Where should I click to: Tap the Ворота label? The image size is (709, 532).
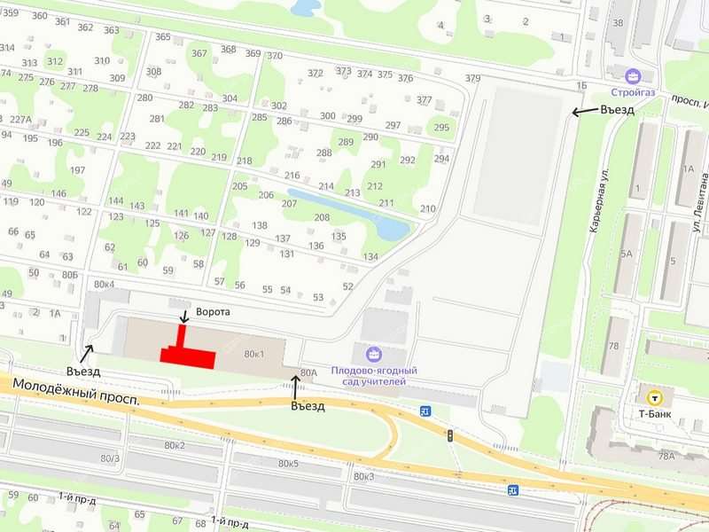pyautogui.click(x=213, y=312)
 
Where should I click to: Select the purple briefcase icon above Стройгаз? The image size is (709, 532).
pyautogui.click(x=632, y=75)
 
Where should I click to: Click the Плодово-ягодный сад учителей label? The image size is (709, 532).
pyautogui.click(x=374, y=375)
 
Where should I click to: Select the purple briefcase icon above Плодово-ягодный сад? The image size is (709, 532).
pyautogui.click(x=372, y=354)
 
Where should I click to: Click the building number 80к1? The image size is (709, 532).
pyautogui.click(x=254, y=355)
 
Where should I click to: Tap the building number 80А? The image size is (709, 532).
pyautogui.click(x=308, y=372)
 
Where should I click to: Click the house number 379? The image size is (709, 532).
pyautogui.click(x=472, y=79)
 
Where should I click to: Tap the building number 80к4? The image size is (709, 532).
pyautogui.click(x=104, y=284)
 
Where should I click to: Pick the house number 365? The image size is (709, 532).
pyautogui.click(x=163, y=36)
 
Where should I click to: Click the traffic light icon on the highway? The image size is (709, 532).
pyautogui.click(x=449, y=435)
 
